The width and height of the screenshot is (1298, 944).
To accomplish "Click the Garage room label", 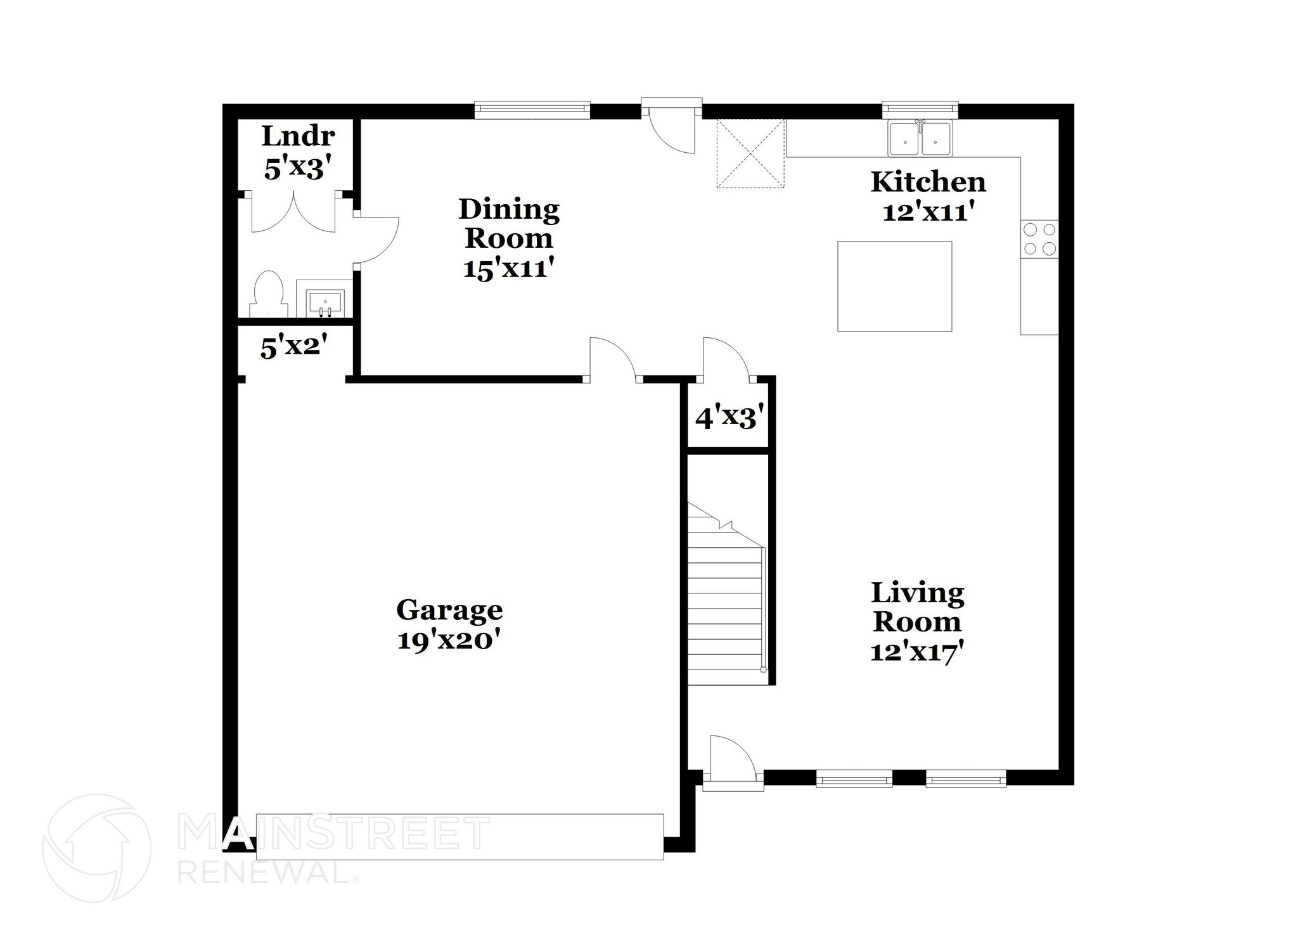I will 449,610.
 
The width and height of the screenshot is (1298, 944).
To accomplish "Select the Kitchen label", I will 928,182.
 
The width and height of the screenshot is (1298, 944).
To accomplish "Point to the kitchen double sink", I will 920,139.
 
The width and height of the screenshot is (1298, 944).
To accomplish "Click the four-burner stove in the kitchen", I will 1039,238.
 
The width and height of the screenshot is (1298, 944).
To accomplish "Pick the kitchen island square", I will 894,286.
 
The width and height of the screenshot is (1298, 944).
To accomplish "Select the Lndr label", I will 298,136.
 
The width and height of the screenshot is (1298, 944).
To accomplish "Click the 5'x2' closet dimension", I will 294,347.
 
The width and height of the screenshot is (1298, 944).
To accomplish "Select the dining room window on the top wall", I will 532,110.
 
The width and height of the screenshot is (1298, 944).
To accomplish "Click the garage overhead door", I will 459,836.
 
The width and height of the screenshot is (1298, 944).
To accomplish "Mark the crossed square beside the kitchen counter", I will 750,153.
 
